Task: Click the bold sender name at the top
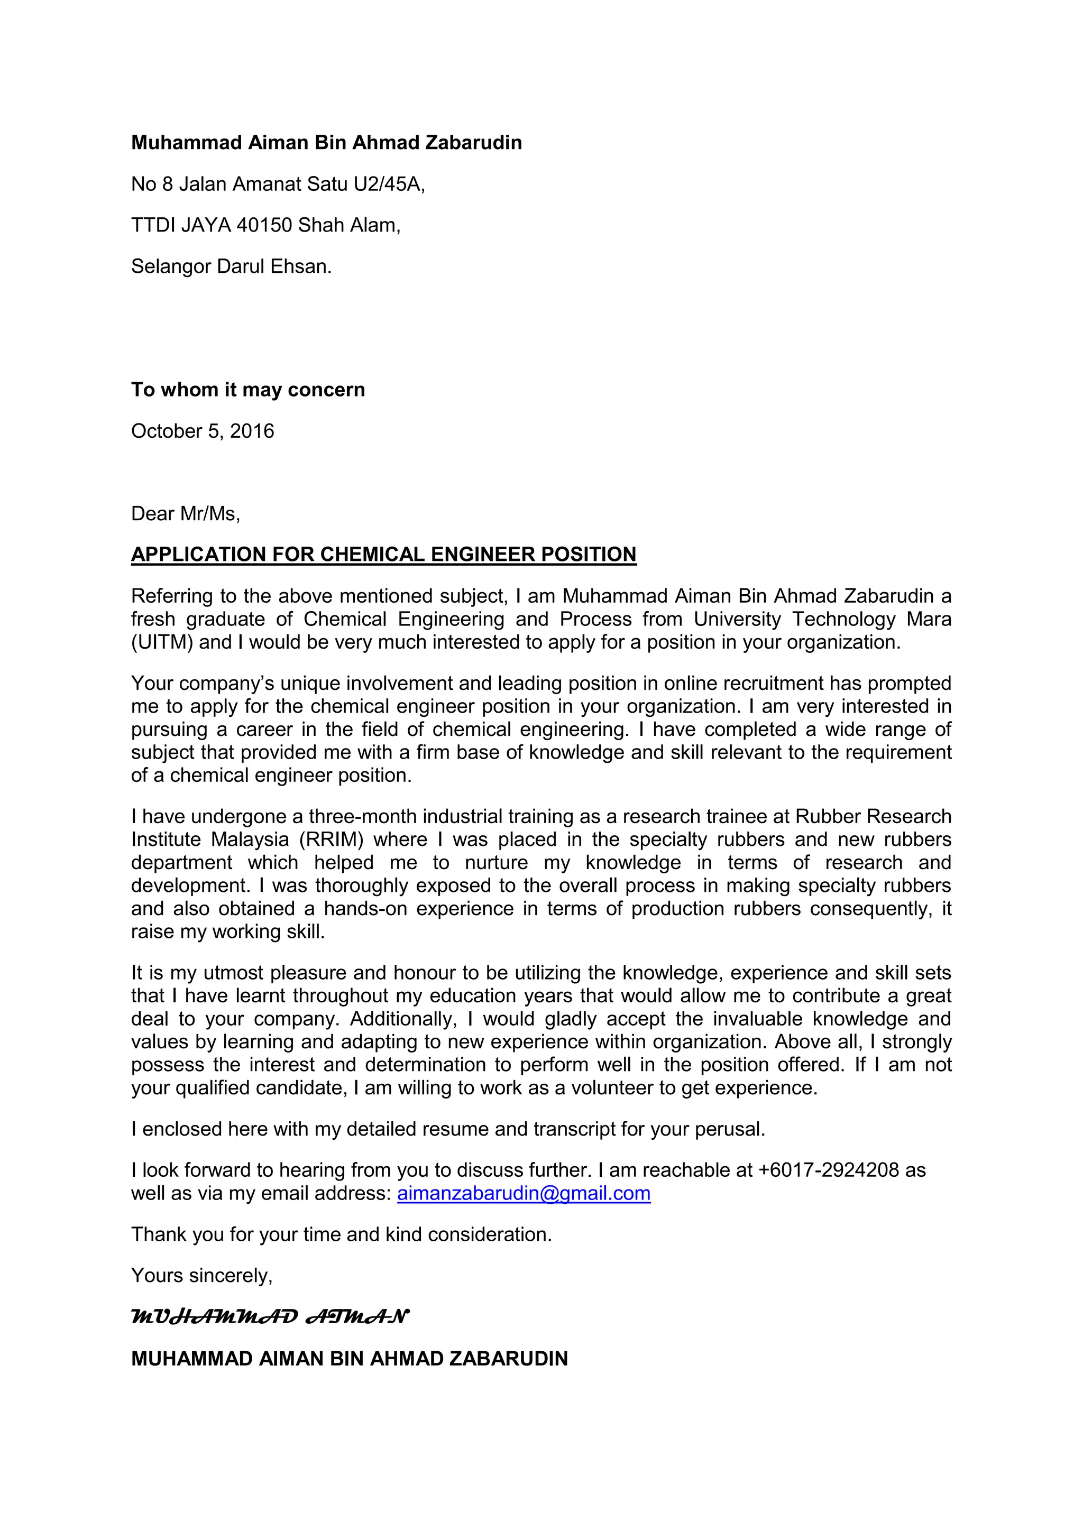326,143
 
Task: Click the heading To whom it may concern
248,390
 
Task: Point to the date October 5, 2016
203,431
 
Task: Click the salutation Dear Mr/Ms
186,513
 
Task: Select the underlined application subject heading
383,555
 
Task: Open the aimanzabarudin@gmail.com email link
524,1194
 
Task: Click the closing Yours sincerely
201,1276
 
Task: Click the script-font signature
270,1317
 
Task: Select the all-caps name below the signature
349,1359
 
